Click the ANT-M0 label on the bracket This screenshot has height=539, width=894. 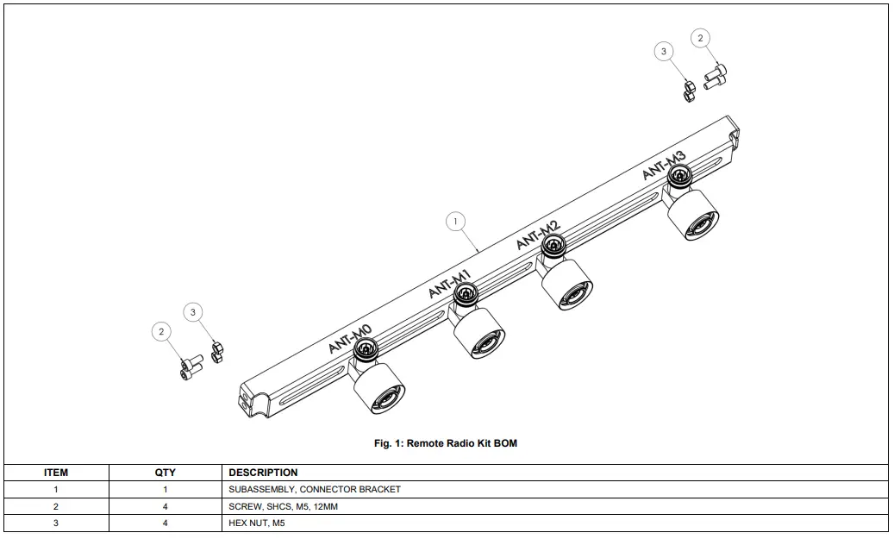coord(349,339)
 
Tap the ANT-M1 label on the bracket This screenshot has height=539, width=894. coord(449,284)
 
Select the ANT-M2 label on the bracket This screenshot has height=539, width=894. coord(538,235)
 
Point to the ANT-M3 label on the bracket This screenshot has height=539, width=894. coord(664,165)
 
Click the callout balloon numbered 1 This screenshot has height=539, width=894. coord(456,222)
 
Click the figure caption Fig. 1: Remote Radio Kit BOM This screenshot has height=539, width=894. coord(446,443)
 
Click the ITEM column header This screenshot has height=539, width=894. coord(56,473)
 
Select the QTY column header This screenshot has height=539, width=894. coord(165,473)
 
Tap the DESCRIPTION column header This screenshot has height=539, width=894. coord(263,473)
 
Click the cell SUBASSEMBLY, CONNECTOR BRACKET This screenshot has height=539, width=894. coord(315,490)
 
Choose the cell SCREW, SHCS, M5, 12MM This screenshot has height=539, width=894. coord(283,507)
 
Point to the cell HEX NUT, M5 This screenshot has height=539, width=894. coord(256,523)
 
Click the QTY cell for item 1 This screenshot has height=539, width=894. coord(165,490)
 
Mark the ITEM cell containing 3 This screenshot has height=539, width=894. coord(56,523)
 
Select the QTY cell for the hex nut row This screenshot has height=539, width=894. coord(165,523)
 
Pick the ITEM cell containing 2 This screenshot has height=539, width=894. coord(56,507)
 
